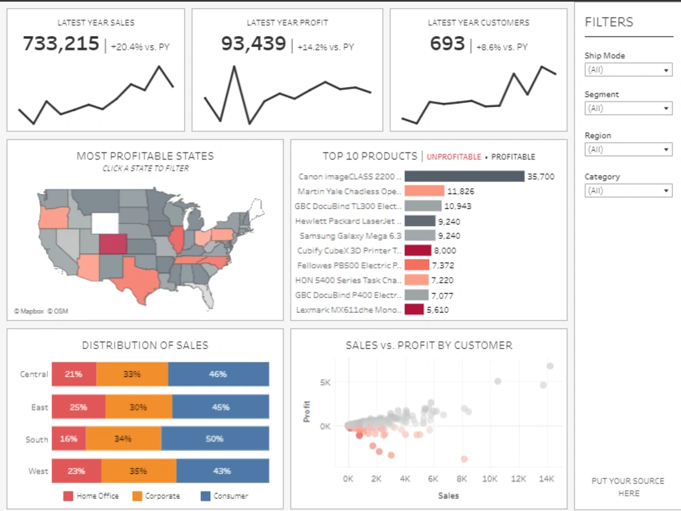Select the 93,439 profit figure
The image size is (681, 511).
pyautogui.click(x=253, y=44)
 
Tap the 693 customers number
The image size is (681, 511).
pyautogui.click(x=447, y=44)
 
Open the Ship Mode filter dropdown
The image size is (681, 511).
pyautogui.click(x=628, y=70)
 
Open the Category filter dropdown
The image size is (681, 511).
pyautogui.click(x=628, y=191)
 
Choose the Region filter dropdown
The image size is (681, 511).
pyautogui.click(x=628, y=150)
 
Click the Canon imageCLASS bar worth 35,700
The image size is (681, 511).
pyautogui.click(x=464, y=176)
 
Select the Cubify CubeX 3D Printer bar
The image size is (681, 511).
pyautogui.click(x=417, y=250)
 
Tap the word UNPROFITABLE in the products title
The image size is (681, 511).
pyautogui.click(x=454, y=157)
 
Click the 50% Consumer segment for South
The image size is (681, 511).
pyautogui.click(x=215, y=439)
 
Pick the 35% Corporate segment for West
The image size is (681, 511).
pyautogui.click(x=138, y=471)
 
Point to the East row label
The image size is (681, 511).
pyautogui.click(x=39, y=407)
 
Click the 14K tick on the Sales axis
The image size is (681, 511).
pyautogui.click(x=545, y=479)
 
